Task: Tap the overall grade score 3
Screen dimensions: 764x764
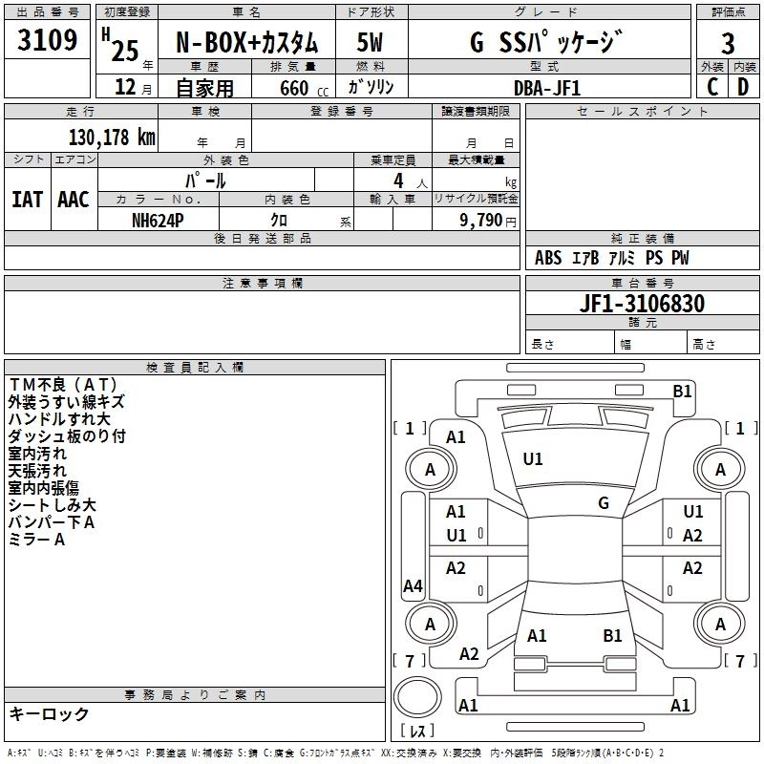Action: tap(728, 43)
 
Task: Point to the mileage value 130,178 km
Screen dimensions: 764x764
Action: tap(112, 138)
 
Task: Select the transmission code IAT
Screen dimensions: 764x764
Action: tap(27, 200)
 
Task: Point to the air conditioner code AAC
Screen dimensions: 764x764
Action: tap(74, 200)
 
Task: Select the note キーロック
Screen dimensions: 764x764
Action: tap(49, 713)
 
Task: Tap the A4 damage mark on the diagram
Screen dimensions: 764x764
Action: tap(413, 586)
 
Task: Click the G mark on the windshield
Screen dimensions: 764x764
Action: tap(604, 502)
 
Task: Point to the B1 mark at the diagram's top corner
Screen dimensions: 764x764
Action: tap(682, 391)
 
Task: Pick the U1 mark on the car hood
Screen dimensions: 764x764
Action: tap(533, 459)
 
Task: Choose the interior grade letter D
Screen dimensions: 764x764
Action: tap(743, 87)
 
